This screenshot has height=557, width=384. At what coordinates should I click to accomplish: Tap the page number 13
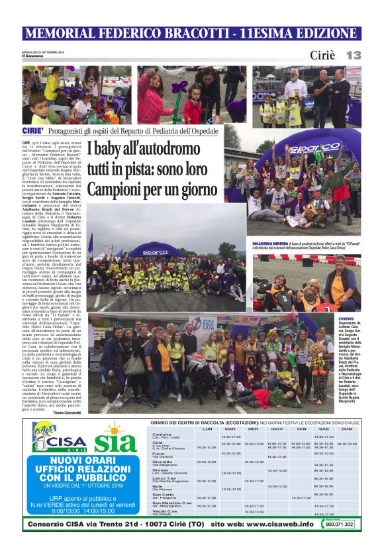point(353,56)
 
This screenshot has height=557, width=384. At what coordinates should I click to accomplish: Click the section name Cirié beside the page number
point(323,56)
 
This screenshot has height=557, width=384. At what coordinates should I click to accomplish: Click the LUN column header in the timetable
point(207,429)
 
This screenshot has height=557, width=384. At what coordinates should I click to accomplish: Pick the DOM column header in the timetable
point(346,429)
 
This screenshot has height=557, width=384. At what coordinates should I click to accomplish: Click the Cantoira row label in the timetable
point(162,435)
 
